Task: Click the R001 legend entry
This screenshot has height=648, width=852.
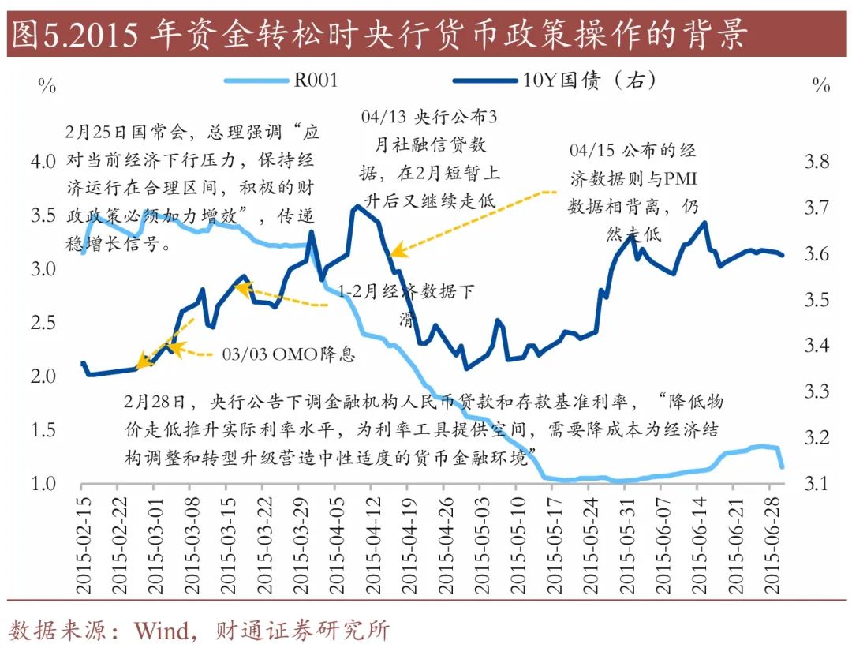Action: [316, 80]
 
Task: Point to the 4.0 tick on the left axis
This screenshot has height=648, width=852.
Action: [43, 162]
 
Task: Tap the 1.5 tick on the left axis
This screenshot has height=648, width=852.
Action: [43, 430]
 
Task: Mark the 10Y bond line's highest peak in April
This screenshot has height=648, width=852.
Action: [357, 206]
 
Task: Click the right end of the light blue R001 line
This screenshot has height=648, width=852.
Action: [782, 468]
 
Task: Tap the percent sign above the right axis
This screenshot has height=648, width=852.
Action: [821, 85]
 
